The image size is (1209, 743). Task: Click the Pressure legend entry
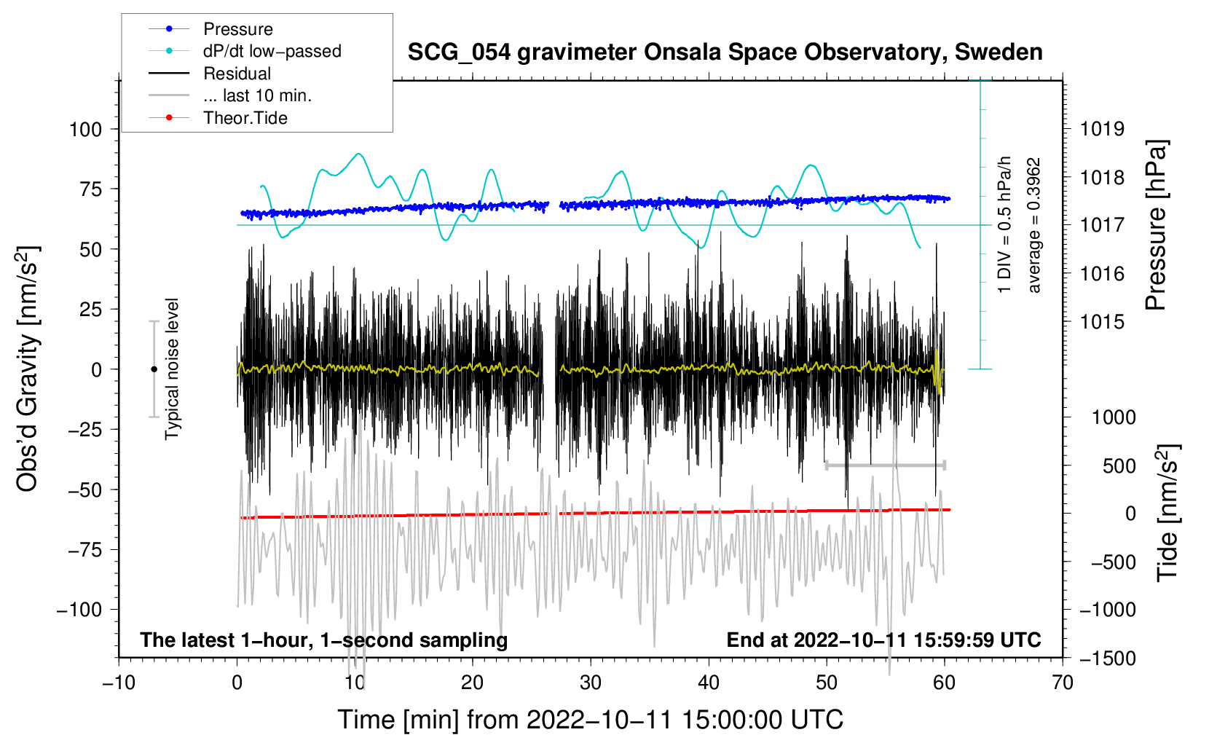[237, 29]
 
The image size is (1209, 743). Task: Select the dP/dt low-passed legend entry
[272, 51]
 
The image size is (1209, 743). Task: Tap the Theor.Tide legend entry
[245, 118]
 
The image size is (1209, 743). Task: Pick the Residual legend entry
[237, 74]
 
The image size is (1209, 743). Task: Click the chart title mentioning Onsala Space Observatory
[725, 52]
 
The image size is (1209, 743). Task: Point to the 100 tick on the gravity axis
[85, 130]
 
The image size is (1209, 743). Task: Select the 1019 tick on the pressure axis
[1102, 130]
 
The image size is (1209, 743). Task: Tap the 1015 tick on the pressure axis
[1102, 322]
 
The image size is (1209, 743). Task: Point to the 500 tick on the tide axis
[1119, 465]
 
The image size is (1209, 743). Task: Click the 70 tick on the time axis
[1063, 683]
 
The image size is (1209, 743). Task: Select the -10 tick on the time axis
[119, 683]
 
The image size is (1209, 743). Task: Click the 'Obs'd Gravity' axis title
[28, 369]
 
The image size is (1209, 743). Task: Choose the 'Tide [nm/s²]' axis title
[1167, 513]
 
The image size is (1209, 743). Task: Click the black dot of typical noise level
[154, 369]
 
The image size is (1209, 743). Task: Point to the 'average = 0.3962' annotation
[1033, 226]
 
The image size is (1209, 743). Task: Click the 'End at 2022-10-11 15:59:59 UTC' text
[883, 640]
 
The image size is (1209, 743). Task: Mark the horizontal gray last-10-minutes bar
[885, 465]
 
